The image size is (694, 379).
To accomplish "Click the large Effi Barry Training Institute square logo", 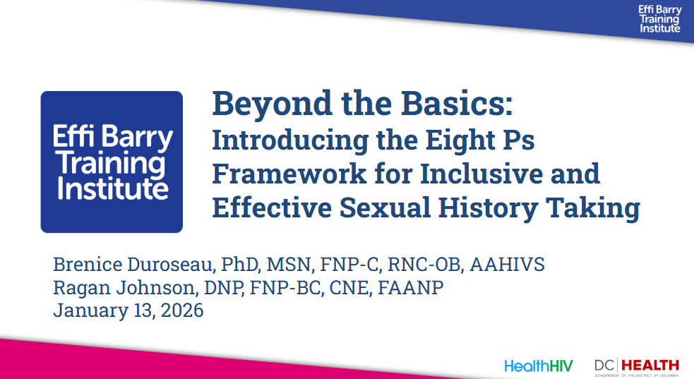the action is click(112, 162).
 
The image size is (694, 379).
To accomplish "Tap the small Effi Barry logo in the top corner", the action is click(659, 19).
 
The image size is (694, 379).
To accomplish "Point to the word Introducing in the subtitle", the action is click(290, 140).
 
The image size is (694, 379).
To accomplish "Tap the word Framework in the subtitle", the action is click(289, 174).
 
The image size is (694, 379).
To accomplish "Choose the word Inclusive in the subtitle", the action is click(481, 174).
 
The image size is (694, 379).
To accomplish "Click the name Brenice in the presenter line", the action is click(88, 265).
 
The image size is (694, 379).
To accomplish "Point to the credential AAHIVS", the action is click(507, 265).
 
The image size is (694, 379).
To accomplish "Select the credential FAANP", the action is click(410, 287).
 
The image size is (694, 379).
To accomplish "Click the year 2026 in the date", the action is click(182, 311).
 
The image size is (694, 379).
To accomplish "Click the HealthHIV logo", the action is click(538, 366).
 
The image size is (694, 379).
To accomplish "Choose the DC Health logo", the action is click(637, 367).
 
